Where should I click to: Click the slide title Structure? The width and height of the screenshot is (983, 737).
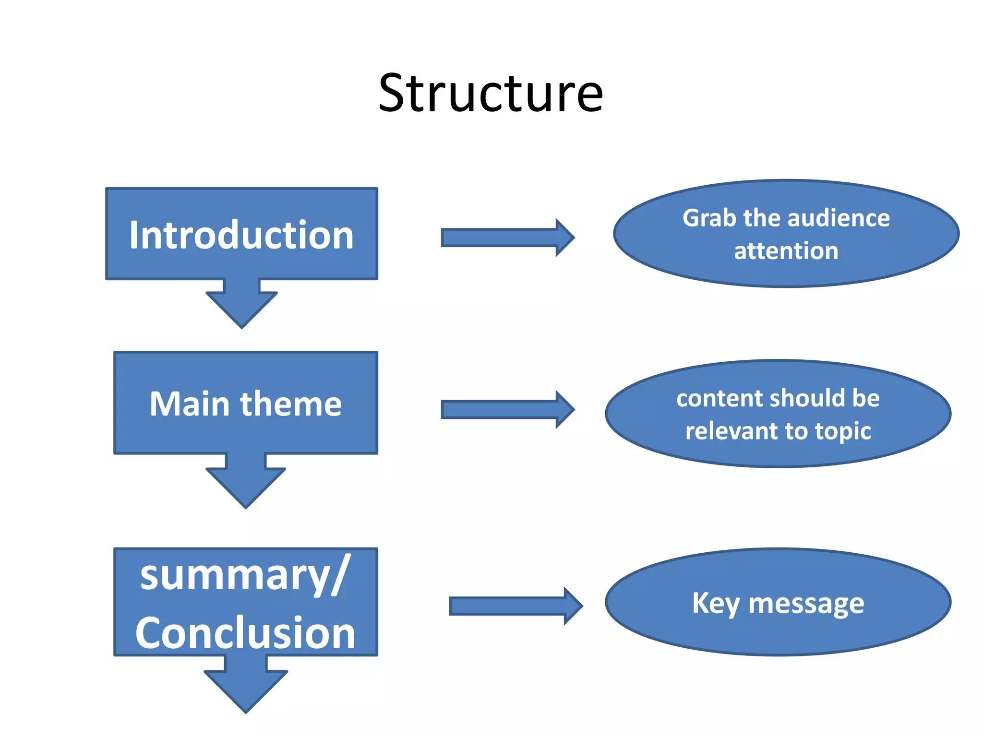pyautogui.click(x=491, y=93)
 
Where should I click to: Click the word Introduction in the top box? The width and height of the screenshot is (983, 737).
pyautogui.click(x=241, y=235)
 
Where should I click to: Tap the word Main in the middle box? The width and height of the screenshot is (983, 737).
pyautogui.click(x=190, y=404)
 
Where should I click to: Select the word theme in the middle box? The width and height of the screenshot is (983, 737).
pyautogui.click(x=291, y=404)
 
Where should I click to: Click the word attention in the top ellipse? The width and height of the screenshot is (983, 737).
pyautogui.click(x=786, y=251)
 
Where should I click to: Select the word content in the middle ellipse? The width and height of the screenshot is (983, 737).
pyautogui.click(x=716, y=398)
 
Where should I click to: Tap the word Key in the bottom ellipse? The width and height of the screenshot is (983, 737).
pyautogui.click(x=715, y=604)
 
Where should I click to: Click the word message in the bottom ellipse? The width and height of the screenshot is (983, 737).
pyautogui.click(x=806, y=604)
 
